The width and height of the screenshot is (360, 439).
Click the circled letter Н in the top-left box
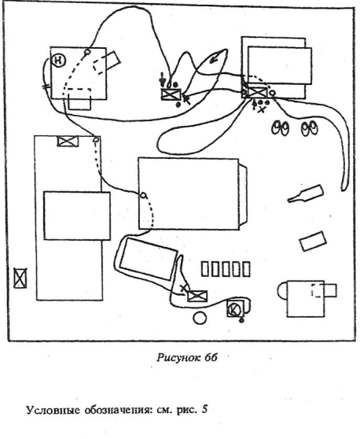point(59,61)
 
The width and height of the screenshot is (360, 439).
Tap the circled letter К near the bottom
point(233,310)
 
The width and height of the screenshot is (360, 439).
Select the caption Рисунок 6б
point(187,357)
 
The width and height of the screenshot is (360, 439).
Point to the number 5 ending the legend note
point(204,410)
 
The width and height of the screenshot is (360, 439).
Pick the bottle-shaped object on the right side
point(306,194)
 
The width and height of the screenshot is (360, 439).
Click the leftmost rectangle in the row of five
point(204,269)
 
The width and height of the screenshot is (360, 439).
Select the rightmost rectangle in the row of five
point(246,269)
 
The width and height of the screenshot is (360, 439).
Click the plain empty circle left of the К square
point(200,318)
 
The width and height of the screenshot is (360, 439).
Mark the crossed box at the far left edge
point(20,278)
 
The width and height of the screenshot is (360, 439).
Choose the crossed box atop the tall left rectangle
point(68,141)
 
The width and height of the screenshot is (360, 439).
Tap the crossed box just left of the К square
point(197,296)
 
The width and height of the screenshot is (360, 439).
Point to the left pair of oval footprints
point(281,128)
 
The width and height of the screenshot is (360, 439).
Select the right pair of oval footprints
point(310,128)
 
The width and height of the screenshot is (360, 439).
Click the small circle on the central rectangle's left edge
point(143,195)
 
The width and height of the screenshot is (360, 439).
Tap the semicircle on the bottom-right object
point(282,290)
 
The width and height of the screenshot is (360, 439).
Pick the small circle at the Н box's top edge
point(87,52)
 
